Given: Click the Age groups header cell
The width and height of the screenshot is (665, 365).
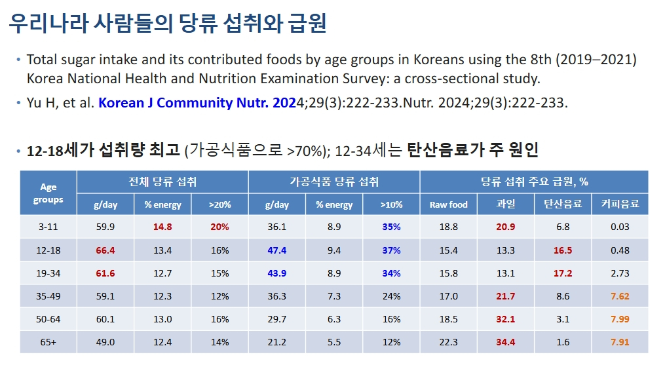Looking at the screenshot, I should tap(48, 193).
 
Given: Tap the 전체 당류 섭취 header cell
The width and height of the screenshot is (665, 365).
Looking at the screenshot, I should tap(162, 182).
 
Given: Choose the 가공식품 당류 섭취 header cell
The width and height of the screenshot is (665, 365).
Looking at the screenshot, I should tap(334, 182).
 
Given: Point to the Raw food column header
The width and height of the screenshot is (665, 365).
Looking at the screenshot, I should tap(449, 204).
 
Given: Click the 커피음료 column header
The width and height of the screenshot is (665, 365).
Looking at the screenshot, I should tap(620, 204).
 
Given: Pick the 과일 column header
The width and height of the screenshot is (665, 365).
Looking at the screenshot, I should tap(506, 204).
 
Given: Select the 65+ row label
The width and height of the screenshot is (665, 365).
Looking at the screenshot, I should tap(48, 342).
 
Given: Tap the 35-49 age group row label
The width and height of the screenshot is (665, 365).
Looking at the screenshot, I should tap(48, 296).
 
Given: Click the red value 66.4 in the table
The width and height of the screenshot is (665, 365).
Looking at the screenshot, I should tap(105, 250).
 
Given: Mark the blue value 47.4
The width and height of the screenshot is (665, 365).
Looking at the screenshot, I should tap(277, 250).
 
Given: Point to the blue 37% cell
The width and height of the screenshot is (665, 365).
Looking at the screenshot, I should tap(391, 250).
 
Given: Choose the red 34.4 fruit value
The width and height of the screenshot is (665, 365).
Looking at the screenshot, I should tap(506, 342).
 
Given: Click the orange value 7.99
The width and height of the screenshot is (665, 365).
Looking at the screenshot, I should tap(620, 319).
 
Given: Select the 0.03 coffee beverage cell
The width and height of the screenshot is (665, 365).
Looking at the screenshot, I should tap(620, 227).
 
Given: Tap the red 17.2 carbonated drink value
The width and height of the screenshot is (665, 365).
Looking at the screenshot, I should tap(563, 273).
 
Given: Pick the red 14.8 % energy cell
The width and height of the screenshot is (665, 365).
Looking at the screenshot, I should tap(162, 227).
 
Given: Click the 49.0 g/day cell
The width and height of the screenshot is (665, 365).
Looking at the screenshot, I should tap(105, 342).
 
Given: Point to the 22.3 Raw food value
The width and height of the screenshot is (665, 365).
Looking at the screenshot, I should tap(449, 342).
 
